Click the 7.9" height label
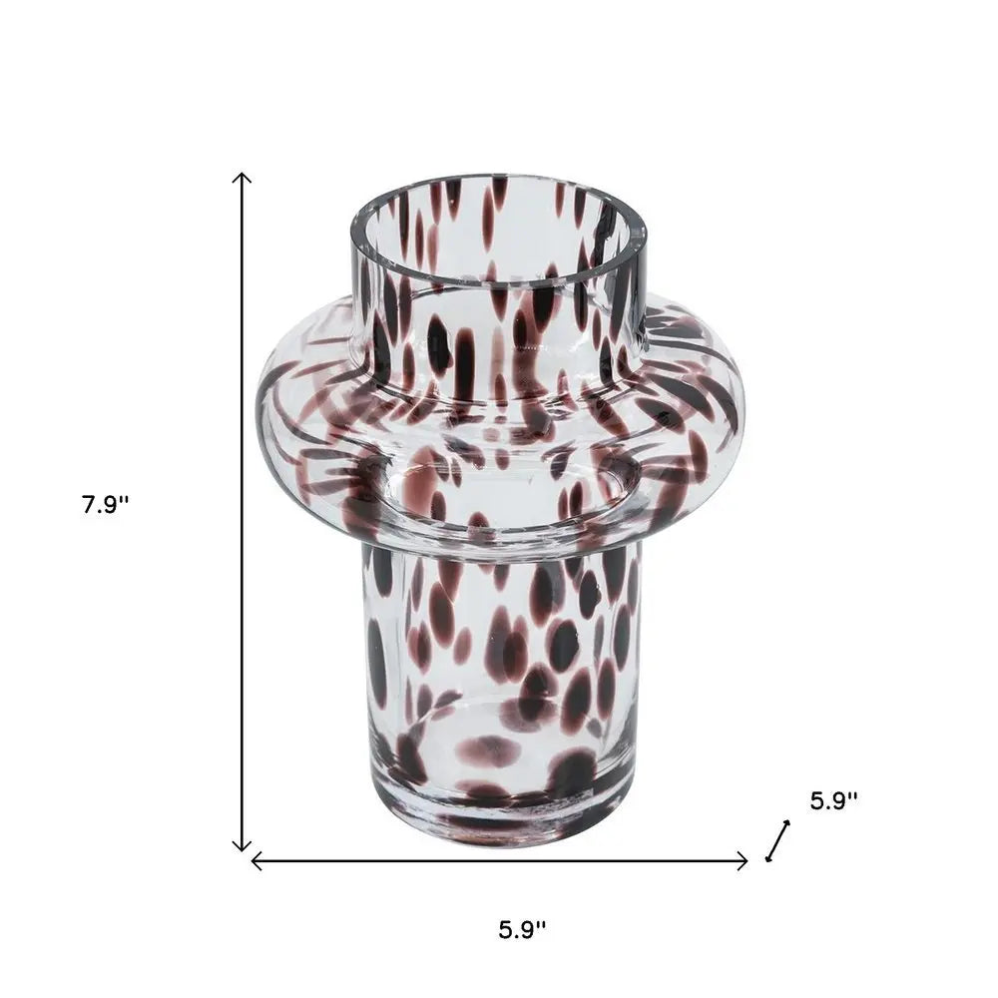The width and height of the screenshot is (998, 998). (x=107, y=505)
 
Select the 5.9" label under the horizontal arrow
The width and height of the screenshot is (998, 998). (x=523, y=930)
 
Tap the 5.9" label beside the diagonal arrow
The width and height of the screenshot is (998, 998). (x=833, y=800)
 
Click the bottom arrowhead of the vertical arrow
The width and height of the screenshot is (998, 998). (x=242, y=848)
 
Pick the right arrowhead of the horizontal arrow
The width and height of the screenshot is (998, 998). (x=746, y=860)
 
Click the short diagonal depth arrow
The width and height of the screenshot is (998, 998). (x=777, y=840)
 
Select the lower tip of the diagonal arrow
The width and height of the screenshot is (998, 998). (x=767, y=858)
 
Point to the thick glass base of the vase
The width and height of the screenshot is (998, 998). (x=499, y=813)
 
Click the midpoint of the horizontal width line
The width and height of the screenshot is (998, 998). (x=499, y=860)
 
